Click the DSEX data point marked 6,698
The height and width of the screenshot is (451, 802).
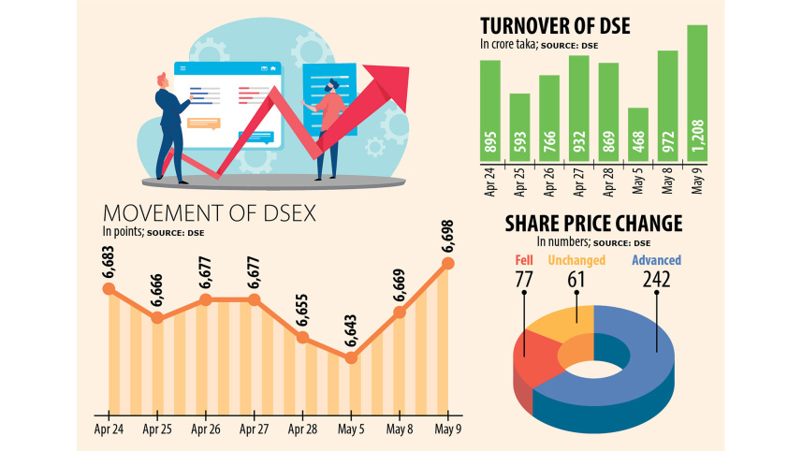[x=448, y=264]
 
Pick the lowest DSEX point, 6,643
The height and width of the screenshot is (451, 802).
[x=352, y=356]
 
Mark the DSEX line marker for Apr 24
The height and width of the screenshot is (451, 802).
[x=109, y=289]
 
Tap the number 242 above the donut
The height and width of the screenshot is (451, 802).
[x=656, y=279]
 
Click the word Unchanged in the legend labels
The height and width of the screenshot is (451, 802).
[x=576, y=260]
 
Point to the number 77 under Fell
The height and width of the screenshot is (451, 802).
[x=524, y=279]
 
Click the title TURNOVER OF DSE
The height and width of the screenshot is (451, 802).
[x=555, y=25]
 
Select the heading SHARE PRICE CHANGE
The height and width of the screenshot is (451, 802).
[x=593, y=224]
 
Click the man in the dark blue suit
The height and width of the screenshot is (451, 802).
[x=170, y=122]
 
